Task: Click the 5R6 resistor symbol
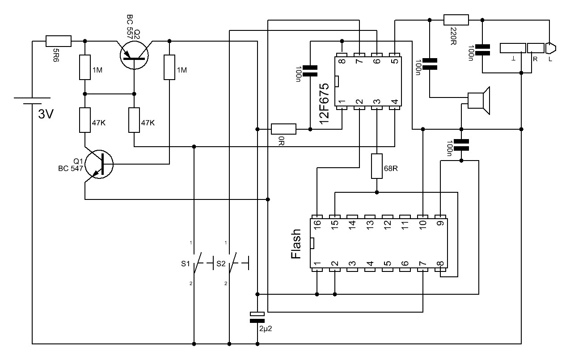(x=59, y=41)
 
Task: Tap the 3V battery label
(x=46, y=114)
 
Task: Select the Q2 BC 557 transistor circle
(x=134, y=55)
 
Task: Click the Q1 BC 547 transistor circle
(x=99, y=164)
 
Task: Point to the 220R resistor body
(x=456, y=20)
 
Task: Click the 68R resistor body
(x=377, y=166)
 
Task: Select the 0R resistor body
(x=284, y=129)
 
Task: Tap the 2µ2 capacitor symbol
(x=257, y=317)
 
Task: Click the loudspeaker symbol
(x=479, y=101)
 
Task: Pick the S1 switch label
(x=186, y=264)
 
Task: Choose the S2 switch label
(x=221, y=264)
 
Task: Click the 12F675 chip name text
(x=324, y=104)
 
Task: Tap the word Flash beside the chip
(x=296, y=244)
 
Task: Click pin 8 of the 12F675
(x=342, y=55)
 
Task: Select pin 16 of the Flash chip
(x=317, y=216)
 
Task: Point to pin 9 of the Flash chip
(x=440, y=216)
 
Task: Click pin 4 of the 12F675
(x=395, y=108)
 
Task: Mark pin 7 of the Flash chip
(x=423, y=270)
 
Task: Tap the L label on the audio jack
(x=550, y=59)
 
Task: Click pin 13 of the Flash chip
(x=370, y=216)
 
